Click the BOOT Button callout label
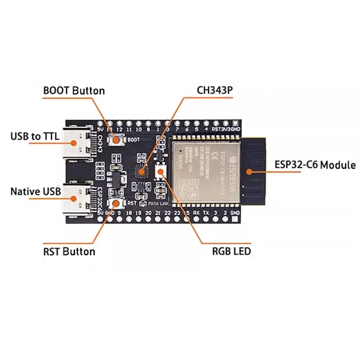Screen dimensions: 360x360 click(x=74, y=90)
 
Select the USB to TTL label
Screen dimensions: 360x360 click(x=35, y=136)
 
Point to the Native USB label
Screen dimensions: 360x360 click(x=36, y=191)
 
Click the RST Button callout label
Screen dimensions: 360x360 click(x=69, y=251)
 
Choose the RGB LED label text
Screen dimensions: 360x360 click(x=231, y=251)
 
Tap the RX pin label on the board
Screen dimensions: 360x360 click(x=196, y=213)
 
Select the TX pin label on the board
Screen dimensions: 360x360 click(x=206, y=213)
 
